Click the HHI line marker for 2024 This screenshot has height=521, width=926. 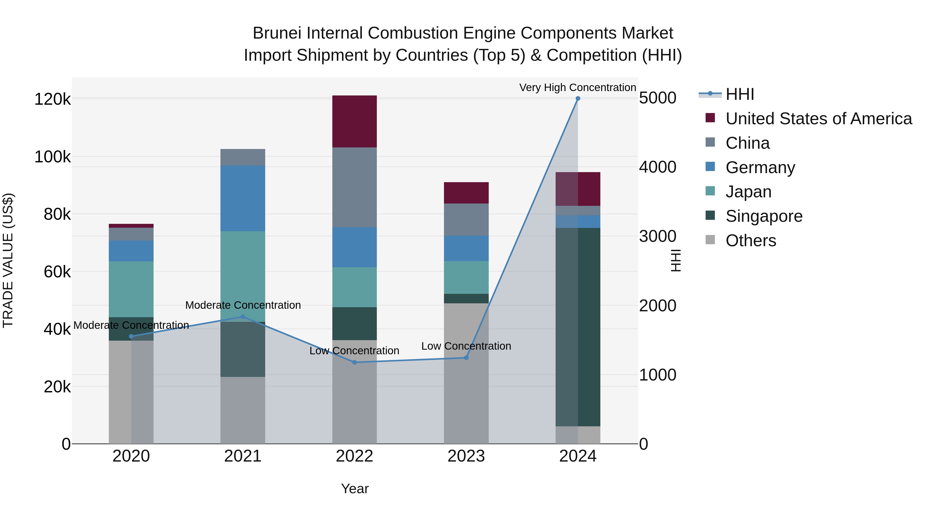point(578,99)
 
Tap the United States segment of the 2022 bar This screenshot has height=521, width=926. point(354,121)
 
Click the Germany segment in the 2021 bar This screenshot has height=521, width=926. point(243,198)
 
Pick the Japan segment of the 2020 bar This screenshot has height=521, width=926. point(131,289)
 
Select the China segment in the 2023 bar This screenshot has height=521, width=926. point(466,220)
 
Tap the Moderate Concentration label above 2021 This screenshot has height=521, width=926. point(243,305)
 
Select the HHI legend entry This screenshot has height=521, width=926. point(740,94)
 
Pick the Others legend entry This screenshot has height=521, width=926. point(751,241)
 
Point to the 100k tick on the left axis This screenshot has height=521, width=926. point(52,157)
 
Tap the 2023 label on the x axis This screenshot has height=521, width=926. point(466,456)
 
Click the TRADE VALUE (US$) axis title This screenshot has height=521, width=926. point(8,260)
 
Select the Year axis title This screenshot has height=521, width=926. point(355,489)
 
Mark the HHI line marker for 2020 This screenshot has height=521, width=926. point(131,337)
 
